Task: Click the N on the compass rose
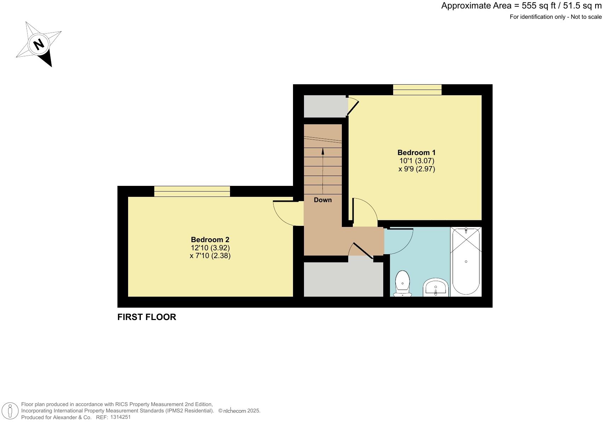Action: [39, 44]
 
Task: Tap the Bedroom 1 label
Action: [417, 153]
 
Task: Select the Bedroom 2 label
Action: [210, 240]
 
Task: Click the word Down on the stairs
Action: [323, 200]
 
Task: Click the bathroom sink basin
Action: [436, 287]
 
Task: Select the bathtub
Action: [466, 262]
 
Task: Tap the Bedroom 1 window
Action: [417, 90]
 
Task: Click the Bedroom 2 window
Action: [192, 191]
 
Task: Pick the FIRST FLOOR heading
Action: [147, 317]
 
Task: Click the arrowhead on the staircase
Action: [323, 151]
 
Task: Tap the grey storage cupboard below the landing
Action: [343, 279]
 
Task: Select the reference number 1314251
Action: [121, 417]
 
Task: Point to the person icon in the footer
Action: [10, 411]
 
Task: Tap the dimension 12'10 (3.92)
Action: [210, 248]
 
